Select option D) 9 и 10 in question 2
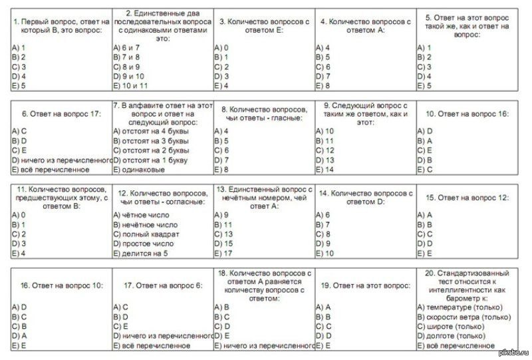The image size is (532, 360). click(x=132, y=76)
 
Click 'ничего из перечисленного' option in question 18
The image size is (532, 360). click(x=265, y=346)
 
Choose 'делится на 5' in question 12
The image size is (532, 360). click(x=142, y=254)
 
